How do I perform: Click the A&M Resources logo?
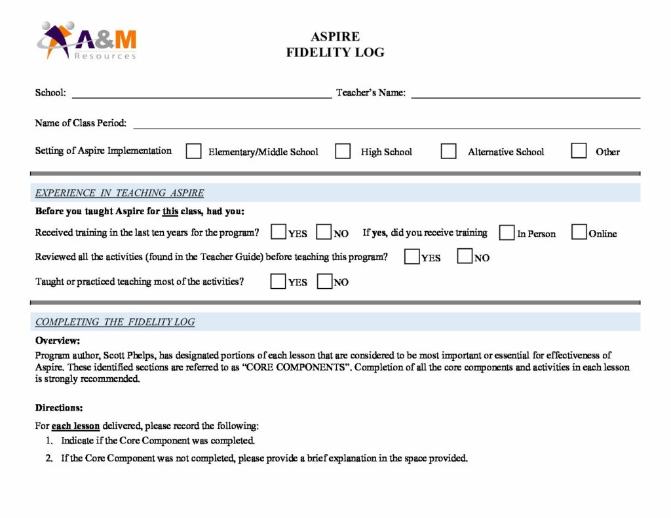pos(87,41)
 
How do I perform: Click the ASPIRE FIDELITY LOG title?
pos(335,45)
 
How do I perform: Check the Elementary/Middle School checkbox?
pos(193,151)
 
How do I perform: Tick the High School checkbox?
pos(343,151)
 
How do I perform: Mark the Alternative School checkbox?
pos(448,151)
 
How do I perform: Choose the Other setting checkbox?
pos(579,151)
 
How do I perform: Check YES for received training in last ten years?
pos(278,232)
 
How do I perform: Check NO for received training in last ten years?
pos(324,232)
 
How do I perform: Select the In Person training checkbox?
pos(507,232)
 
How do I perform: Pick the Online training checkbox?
pos(579,232)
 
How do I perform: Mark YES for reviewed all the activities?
pos(412,257)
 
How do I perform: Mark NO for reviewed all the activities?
pos(465,257)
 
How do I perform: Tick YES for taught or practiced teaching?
pos(278,282)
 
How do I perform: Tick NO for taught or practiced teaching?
pos(324,282)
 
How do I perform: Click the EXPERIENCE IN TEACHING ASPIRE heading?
pos(119,193)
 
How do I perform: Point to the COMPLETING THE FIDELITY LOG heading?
pos(115,322)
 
